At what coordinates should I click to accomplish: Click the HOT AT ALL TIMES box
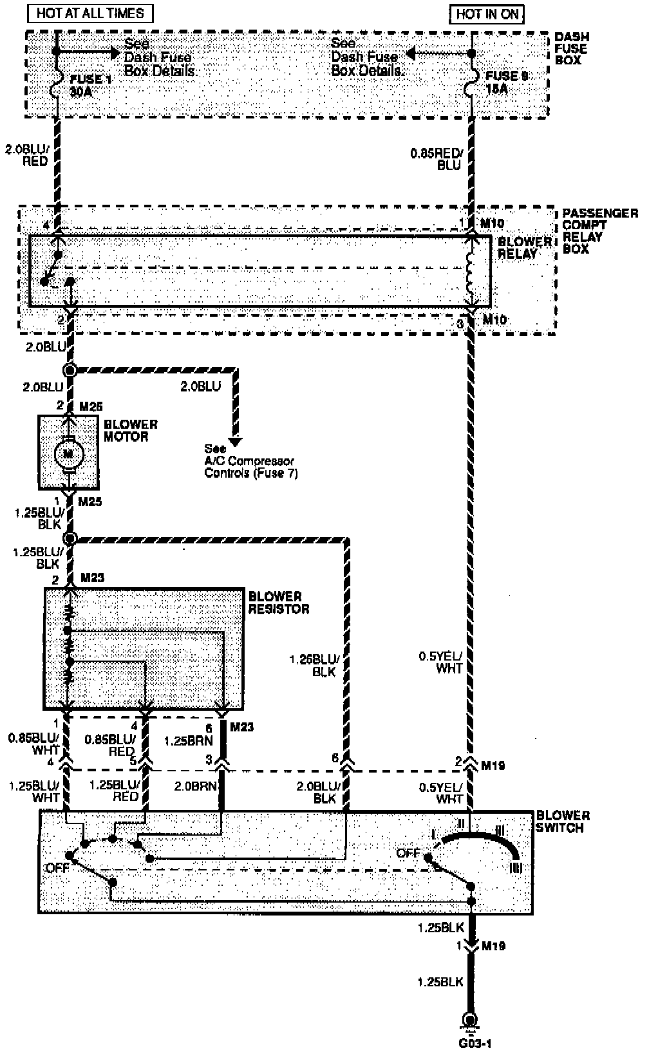90,14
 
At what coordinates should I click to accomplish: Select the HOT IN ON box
487,14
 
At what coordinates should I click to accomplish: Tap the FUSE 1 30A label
85,84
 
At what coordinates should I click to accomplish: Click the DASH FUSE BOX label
571,49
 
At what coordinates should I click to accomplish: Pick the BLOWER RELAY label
525,247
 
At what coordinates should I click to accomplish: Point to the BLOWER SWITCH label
563,822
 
